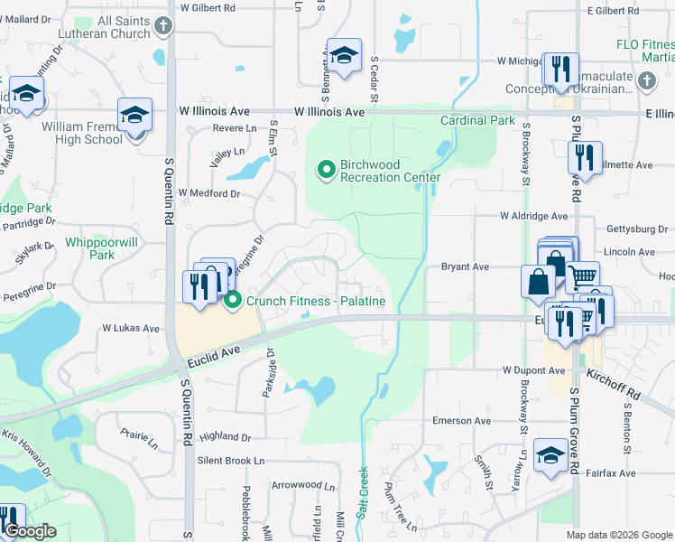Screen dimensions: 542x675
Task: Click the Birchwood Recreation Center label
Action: click(x=390, y=171)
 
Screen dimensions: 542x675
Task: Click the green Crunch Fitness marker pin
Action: click(x=233, y=300)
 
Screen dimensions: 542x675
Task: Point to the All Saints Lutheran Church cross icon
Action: click(x=163, y=26)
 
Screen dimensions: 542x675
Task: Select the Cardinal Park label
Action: click(x=477, y=120)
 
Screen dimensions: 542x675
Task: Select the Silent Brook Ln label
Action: click(x=231, y=461)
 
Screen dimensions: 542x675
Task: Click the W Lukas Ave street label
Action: click(x=131, y=328)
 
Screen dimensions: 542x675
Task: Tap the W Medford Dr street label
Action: click(x=209, y=193)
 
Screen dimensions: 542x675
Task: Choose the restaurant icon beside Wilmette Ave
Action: click(x=585, y=159)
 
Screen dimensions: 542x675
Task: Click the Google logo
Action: click(x=30, y=531)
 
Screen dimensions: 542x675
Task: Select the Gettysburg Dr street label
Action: click(x=629, y=229)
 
